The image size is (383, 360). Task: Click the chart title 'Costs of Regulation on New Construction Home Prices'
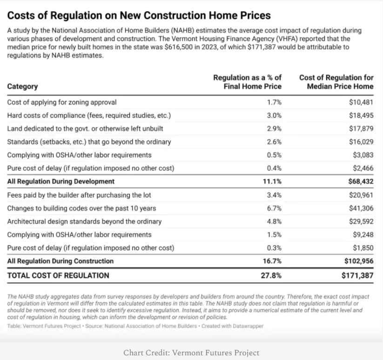(x=139, y=15)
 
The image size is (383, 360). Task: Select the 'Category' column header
(x=22, y=87)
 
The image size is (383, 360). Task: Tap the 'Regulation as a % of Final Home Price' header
(x=247, y=82)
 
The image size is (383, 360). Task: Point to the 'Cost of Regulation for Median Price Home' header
(x=336, y=82)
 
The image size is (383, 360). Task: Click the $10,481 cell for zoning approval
(x=361, y=102)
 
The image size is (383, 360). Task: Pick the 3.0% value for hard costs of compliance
(x=274, y=115)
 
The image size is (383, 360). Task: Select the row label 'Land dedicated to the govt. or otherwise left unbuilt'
(x=85, y=129)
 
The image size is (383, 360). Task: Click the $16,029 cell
(x=361, y=142)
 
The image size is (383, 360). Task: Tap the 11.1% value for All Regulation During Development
(x=272, y=181)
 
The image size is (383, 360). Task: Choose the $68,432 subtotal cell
(x=361, y=181)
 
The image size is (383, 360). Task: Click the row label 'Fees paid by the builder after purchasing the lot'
(x=79, y=195)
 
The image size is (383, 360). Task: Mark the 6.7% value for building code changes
(x=274, y=208)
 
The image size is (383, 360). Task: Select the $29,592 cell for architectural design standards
(x=361, y=221)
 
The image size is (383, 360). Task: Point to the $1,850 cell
(x=363, y=248)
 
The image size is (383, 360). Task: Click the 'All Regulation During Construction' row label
(x=60, y=261)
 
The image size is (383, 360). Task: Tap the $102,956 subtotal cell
(x=359, y=261)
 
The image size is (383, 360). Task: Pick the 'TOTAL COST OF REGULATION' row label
(x=58, y=275)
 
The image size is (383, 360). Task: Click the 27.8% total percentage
(x=271, y=275)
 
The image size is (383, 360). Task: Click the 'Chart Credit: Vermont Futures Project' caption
(x=191, y=353)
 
